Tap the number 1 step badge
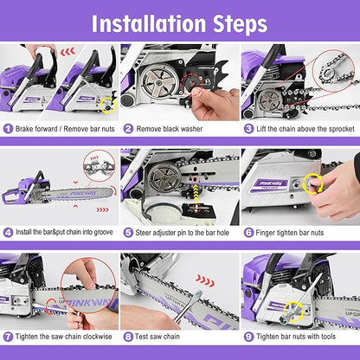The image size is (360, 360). pos(8,129)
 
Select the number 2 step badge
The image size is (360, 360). pos(128,129)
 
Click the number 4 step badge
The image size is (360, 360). pos(8,232)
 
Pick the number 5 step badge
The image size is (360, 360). pos(128,232)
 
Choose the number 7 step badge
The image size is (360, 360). pos(8,336)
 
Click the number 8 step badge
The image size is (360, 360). pos(128,336)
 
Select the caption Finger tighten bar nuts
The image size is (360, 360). pos(293,232)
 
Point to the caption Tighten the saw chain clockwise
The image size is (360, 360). pos(64,336)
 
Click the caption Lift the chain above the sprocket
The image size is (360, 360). pos(302,129)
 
